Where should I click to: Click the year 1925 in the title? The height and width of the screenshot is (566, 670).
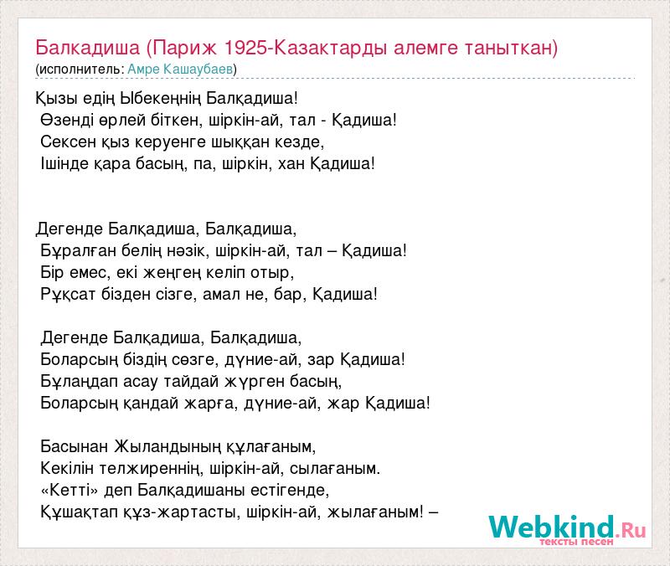[245, 48]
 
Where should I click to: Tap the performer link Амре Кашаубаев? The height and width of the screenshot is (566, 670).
[180, 69]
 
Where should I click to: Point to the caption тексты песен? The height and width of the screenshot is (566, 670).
[576, 542]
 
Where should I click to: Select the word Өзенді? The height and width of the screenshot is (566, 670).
[67, 120]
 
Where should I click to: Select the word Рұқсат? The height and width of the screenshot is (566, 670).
[68, 295]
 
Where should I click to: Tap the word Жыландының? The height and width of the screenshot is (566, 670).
[167, 446]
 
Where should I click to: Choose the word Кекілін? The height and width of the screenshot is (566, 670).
[67, 469]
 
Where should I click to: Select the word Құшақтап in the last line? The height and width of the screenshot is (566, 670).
[79, 512]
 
